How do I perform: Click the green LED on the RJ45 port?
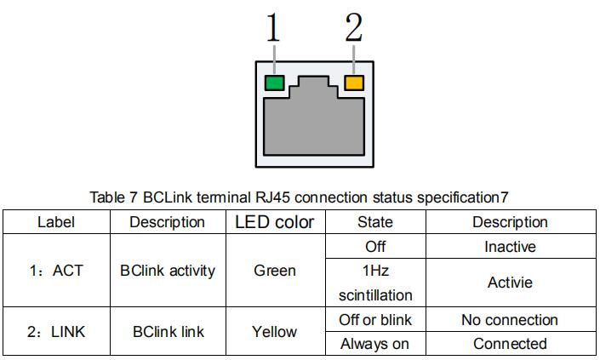[x=274, y=83]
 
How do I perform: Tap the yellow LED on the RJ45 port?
[x=353, y=83]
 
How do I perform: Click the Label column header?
[x=56, y=222]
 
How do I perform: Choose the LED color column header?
[x=275, y=222]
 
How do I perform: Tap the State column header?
[x=375, y=222]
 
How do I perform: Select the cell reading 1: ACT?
[x=56, y=271]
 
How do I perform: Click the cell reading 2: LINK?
[x=56, y=332]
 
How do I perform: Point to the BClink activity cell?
[x=168, y=271]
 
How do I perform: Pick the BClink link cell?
[x=168, y=332]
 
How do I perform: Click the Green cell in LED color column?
[x=275, y=271]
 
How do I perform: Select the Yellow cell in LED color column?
[x=275, y=332]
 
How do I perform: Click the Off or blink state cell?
[x=375, y=320]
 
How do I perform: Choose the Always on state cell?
[x=375, y=344]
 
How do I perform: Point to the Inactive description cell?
[x=510, y=247]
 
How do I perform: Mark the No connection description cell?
[x=510, y=320]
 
